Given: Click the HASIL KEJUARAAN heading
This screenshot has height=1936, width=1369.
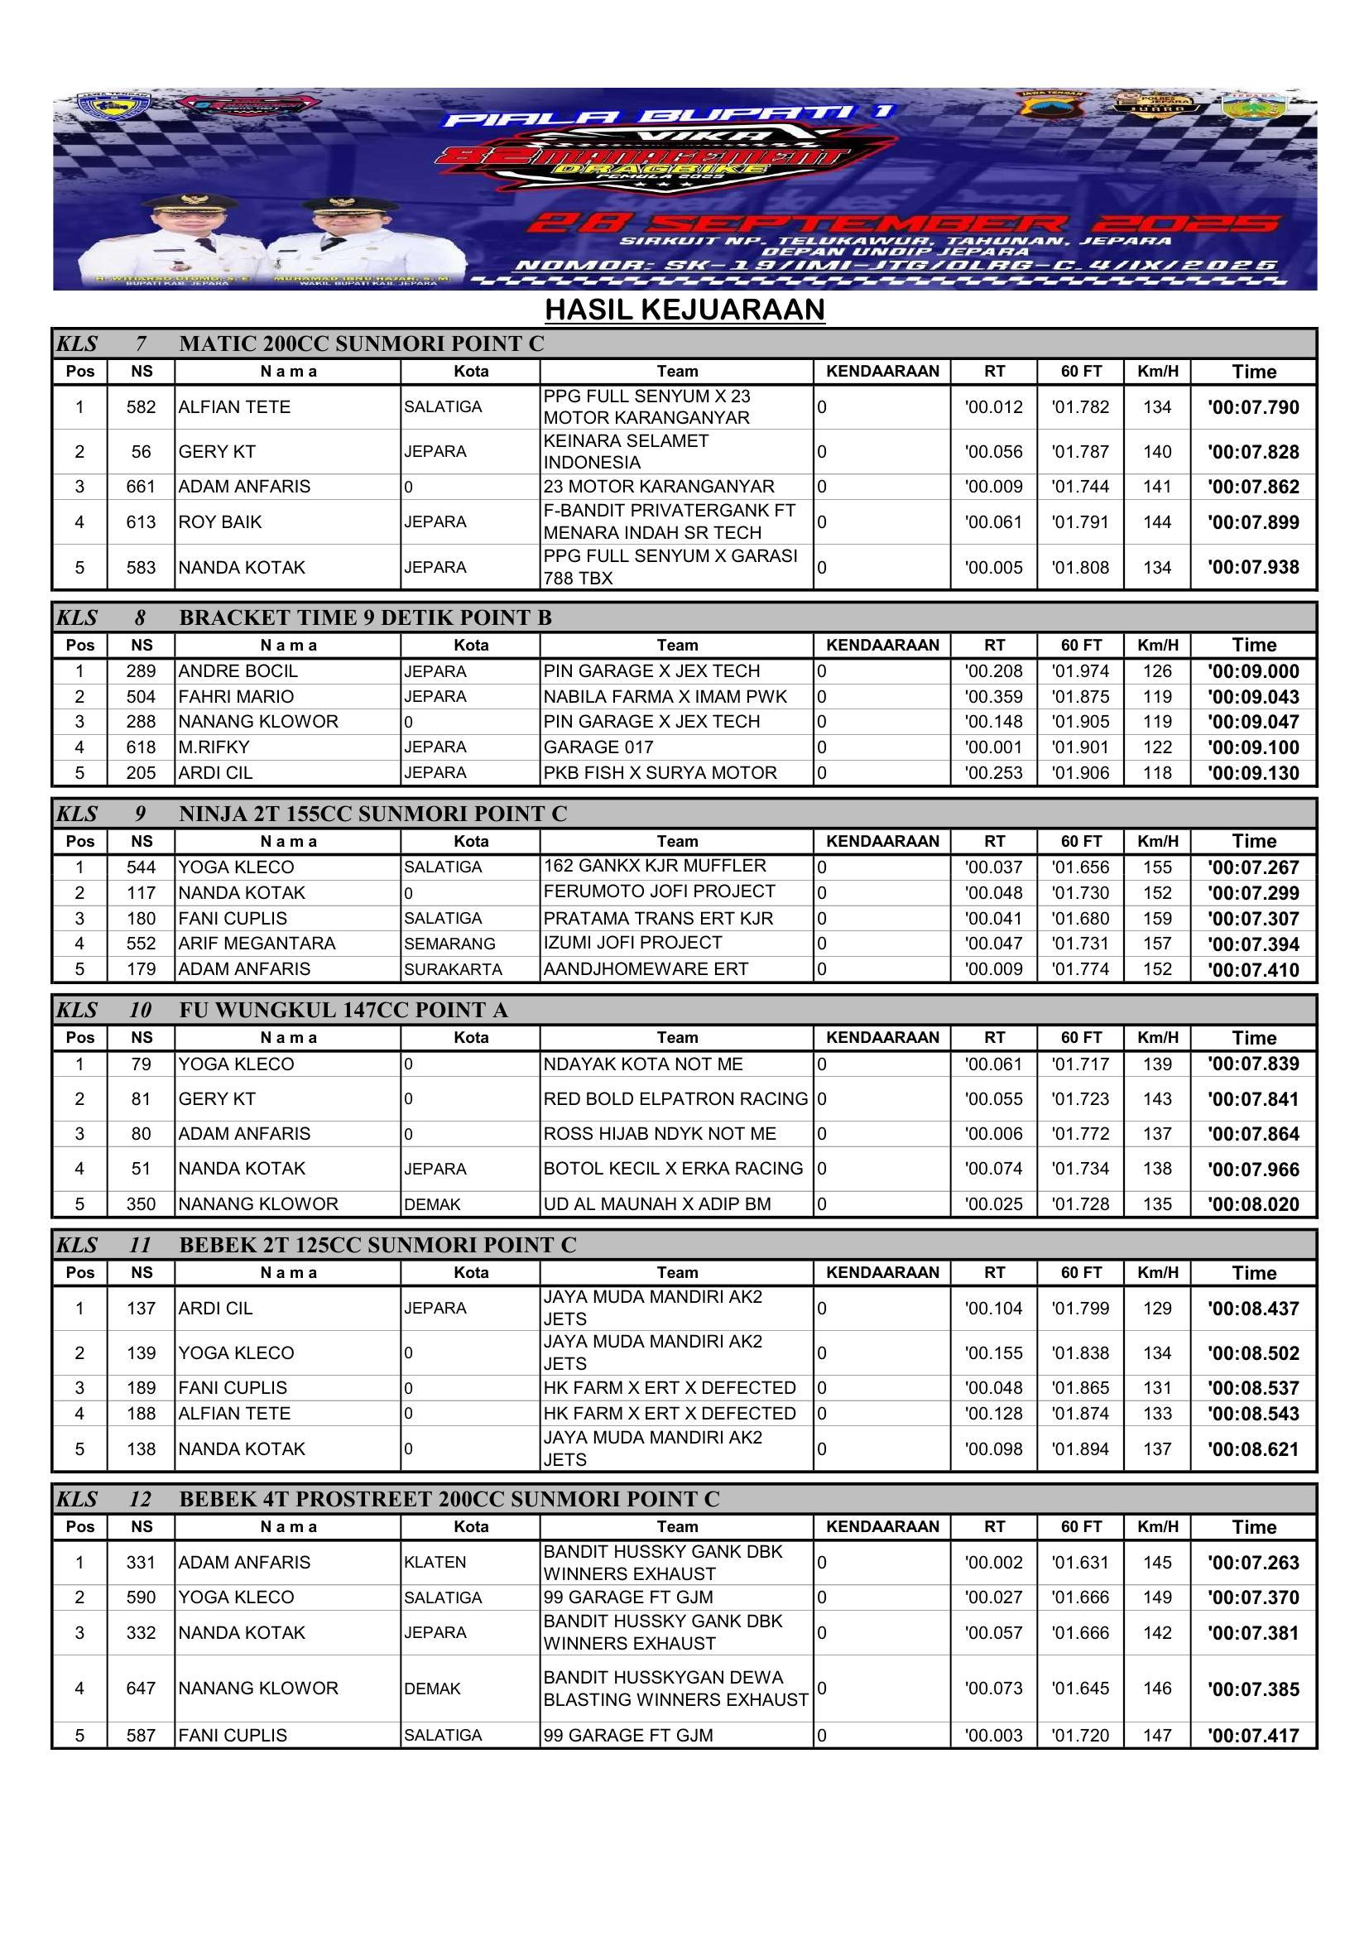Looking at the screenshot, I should tap(684, 310).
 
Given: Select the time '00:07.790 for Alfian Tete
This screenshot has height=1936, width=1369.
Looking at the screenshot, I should tap(1252, 407).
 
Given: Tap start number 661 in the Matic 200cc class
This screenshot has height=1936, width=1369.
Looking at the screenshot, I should tap(141, 487).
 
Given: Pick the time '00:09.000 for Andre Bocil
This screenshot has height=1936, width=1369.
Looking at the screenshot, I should tap(1252, 671).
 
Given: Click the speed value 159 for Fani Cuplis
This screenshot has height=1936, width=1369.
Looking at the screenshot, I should tap(1157, 918).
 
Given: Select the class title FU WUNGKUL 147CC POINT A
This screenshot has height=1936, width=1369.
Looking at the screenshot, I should tap(343, 1010).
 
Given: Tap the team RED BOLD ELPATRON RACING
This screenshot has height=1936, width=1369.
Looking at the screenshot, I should tap(675, 1098).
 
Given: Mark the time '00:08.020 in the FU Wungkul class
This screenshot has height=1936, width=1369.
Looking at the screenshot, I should tap(1252, 1204).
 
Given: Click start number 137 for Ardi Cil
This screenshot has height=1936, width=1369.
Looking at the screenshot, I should tap(141, 1308).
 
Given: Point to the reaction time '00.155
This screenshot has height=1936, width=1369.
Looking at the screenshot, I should tap(994, 1352).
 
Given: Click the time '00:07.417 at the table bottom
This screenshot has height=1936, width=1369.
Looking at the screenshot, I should tap(1252, 1736).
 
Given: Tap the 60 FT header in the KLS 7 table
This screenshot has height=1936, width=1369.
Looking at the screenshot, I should tap(1081, 371).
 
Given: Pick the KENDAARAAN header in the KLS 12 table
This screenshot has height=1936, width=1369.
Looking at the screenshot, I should tap(881, 1526).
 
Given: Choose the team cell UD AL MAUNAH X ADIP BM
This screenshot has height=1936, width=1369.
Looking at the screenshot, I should tap(656, 1204).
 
